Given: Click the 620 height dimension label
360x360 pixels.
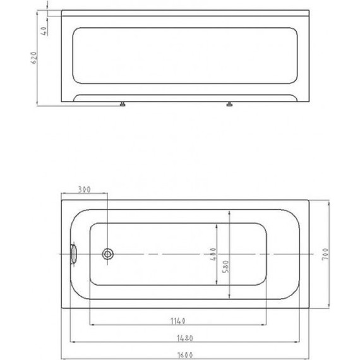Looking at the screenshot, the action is pyautogui.click(x=33, y=57).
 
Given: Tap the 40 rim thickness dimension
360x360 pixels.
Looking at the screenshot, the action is pyautogui.click(x=44, y=30).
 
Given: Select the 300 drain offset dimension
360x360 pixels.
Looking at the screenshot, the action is pyautogui.click(x=84, y=189).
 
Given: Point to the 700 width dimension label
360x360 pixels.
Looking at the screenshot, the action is pyautogui.click(x=325, y=254).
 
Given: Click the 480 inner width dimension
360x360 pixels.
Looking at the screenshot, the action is pyautogui.click(x=213, y=254).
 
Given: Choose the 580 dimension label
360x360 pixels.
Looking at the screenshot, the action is pyautogui.click(x=226, y=267).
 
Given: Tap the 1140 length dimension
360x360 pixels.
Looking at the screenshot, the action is pyautogui.click(x=178, y=321).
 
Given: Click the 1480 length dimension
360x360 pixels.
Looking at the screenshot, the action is pyautogui.click(x=185, y=338).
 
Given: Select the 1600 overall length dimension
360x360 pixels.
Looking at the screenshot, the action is pyautogui.click(x=185, y=355).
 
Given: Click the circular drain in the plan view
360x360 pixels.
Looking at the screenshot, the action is pyautogui.click(x=107, y=254).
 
